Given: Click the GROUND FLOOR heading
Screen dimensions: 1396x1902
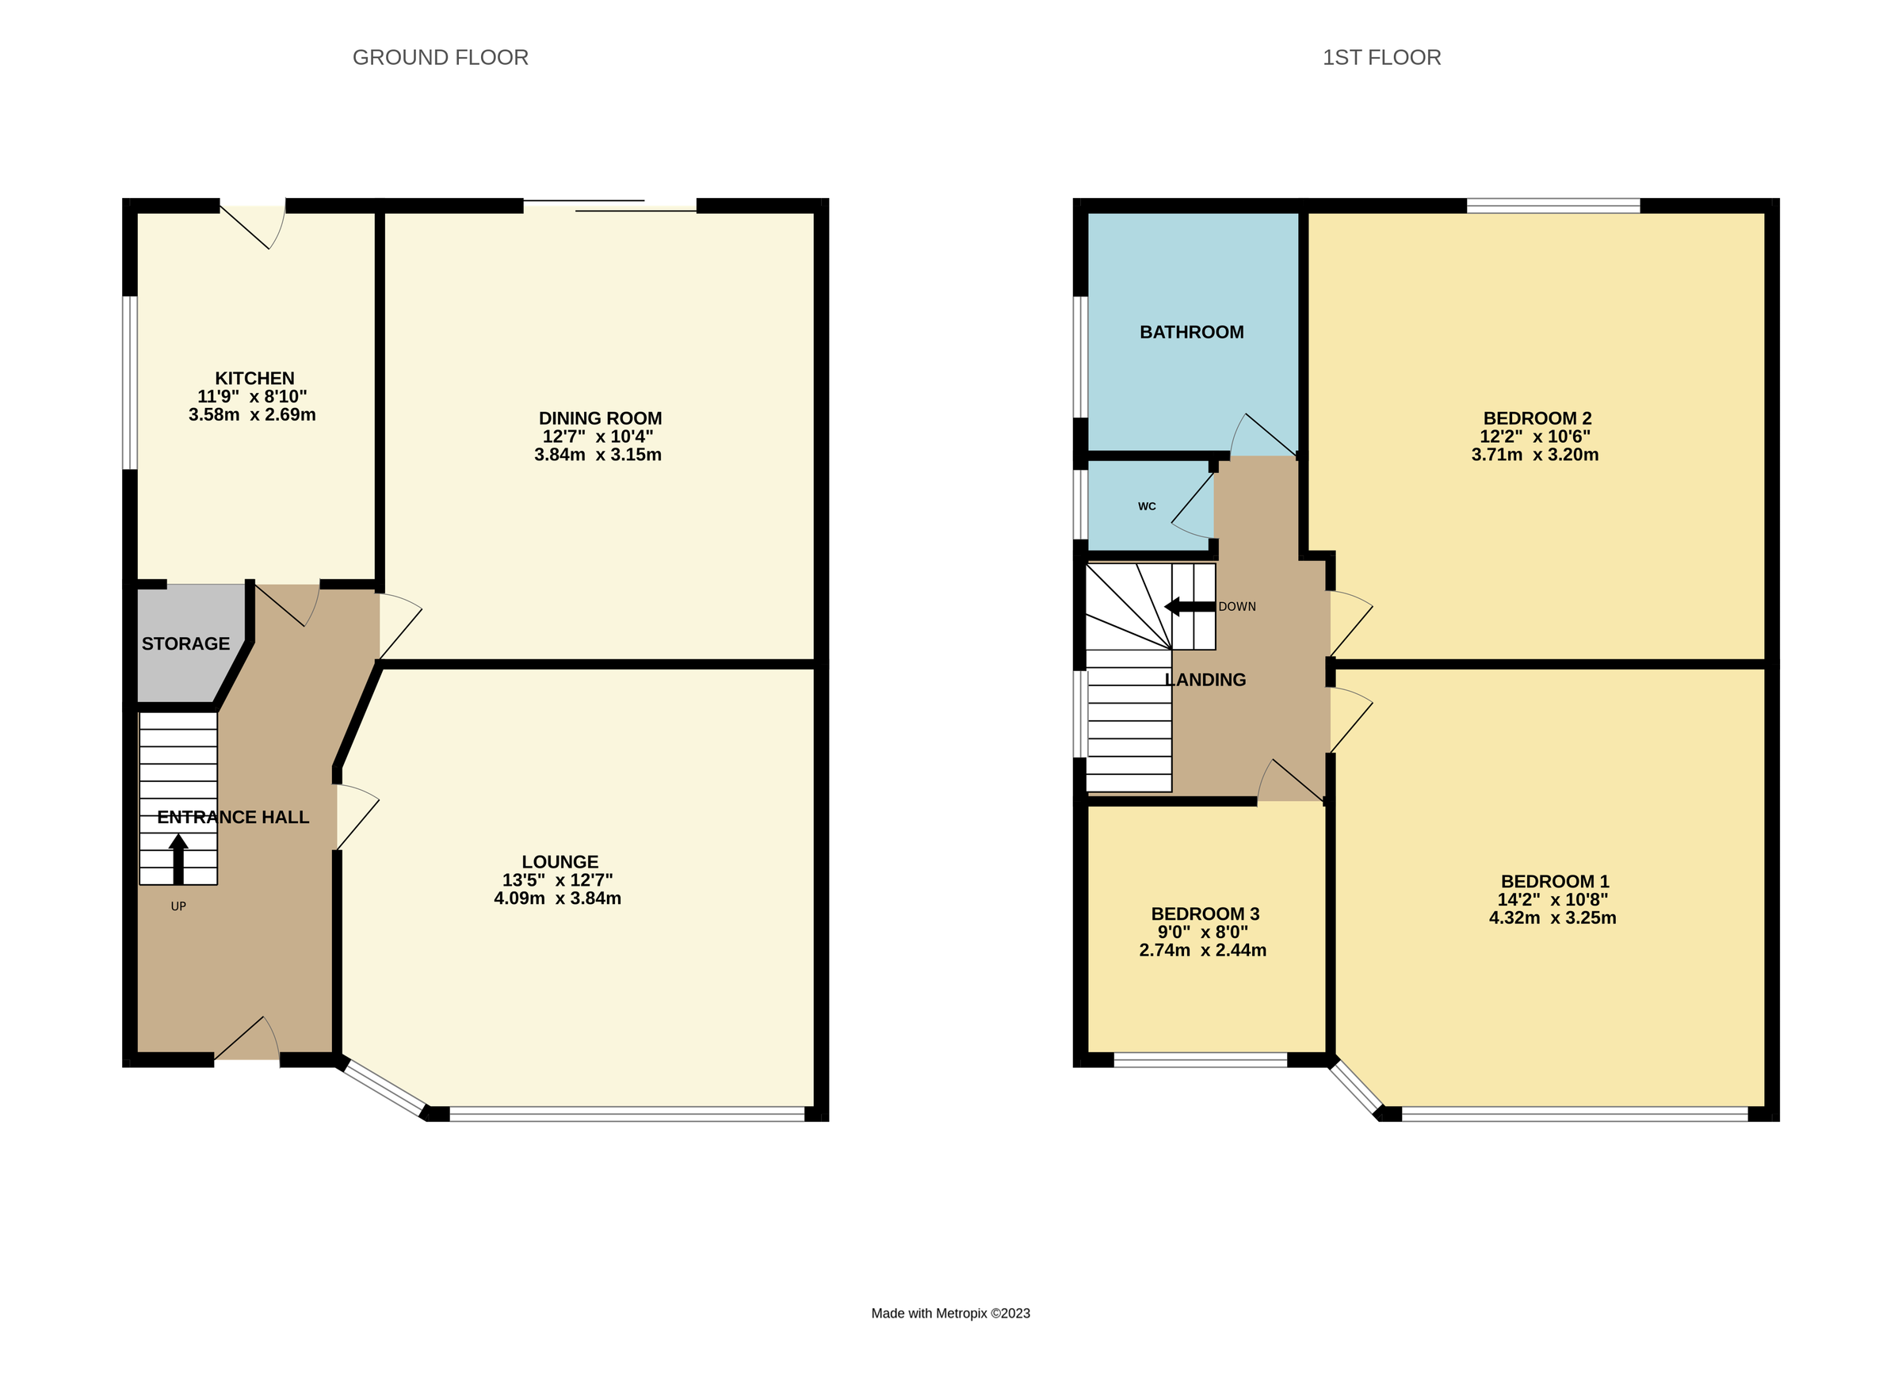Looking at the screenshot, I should (x=440, y=58).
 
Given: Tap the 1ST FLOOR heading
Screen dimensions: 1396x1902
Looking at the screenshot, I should (x=1381, y=58).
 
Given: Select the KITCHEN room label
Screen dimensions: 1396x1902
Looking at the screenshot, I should (x=254, y=378).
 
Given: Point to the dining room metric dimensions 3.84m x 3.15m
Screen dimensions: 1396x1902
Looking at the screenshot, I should (x=598, y=455).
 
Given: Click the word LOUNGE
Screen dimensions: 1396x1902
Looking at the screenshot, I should (x=560, y=862).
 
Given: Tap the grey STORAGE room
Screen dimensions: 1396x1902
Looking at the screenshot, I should (x=186, y=644).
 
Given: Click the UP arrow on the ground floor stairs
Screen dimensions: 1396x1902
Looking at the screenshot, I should (x=178, y=858).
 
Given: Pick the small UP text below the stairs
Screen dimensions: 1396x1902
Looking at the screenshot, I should (x=178, y=906).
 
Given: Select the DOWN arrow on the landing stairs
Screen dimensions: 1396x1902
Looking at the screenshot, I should (x=1189, y=606).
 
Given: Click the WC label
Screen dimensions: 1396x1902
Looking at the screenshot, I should (x=1146, y=506).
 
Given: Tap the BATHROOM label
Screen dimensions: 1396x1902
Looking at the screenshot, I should (x=1191, y=332).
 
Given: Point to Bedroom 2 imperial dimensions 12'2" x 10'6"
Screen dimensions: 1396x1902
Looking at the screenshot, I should (x=1534, y=436).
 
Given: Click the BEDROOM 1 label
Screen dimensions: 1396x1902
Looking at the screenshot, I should (x=1555, y=881).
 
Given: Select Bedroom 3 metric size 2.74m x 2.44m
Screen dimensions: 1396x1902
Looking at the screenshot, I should (x=1202, y=950).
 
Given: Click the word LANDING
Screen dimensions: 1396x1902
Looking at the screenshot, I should (x=1205, y=680).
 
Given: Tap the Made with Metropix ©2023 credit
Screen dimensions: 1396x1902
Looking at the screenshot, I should (x=950, y=1313).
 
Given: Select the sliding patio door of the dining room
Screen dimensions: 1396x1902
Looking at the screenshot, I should (x=609, y=205).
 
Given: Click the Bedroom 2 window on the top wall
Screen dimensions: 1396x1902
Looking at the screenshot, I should (x=1553, y=205).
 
